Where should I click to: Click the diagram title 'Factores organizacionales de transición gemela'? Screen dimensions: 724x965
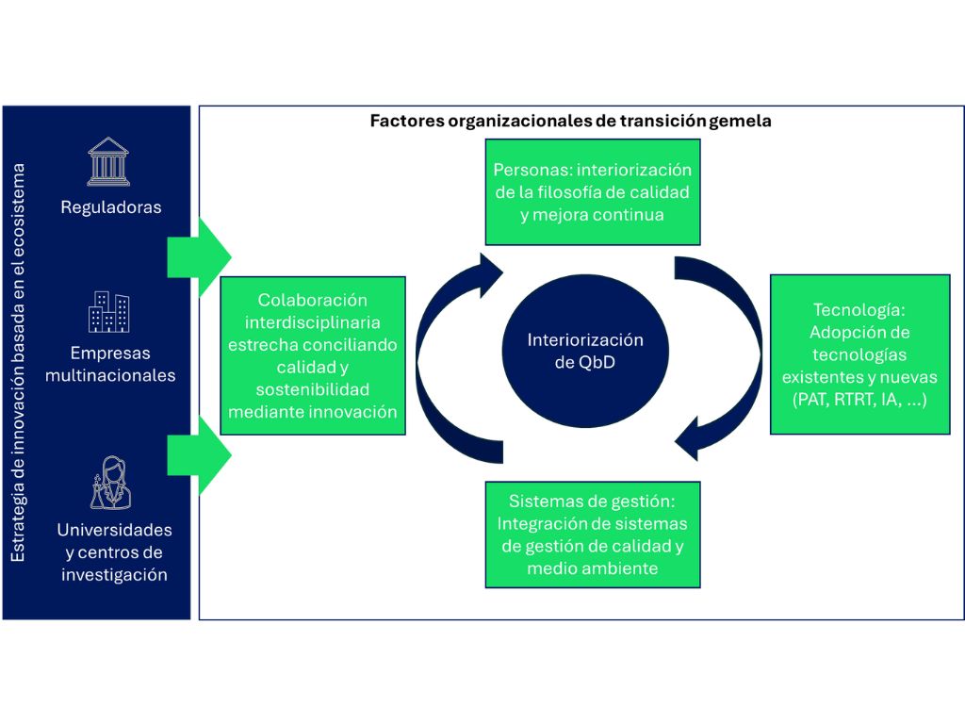coord(571,121)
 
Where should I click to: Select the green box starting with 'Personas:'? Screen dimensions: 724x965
coord(593,192)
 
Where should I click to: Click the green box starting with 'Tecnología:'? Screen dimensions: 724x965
coord(859,354)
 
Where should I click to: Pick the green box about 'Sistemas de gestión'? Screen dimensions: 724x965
coord(593,535)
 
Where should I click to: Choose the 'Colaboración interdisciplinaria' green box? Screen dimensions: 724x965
coord(313,355)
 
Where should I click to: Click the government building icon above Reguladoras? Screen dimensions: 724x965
coord(109,161)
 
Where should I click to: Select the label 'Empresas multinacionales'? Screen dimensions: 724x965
coord(110,364)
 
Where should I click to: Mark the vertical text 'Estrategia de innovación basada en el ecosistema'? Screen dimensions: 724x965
coord(20,363)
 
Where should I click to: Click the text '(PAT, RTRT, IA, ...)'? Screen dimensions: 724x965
coord(859,400)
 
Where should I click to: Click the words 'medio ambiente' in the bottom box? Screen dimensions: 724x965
coord(593,568)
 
